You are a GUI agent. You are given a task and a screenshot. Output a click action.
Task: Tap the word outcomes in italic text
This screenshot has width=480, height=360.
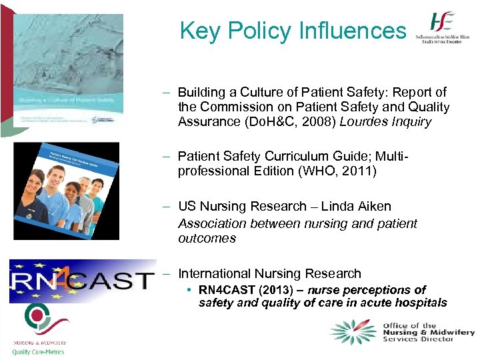207,238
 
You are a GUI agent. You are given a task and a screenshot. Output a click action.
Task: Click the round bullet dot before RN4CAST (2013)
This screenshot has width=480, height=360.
191,290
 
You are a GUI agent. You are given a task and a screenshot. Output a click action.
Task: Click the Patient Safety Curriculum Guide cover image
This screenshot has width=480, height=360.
67,190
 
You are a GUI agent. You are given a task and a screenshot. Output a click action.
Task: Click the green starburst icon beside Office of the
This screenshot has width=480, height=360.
353,332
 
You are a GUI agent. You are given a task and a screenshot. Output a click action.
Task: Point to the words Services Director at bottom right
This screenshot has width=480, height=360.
418,339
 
